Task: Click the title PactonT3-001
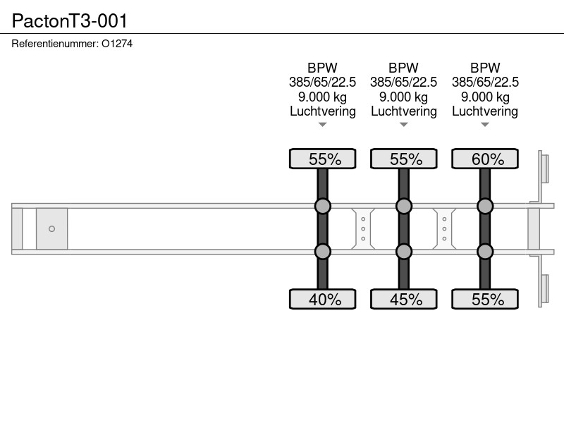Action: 69,21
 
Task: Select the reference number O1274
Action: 117,44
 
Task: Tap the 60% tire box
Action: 485,159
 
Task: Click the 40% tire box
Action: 323,299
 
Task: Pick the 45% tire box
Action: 403,299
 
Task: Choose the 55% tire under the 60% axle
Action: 485,299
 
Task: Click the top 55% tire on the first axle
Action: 323,159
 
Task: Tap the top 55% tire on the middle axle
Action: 403,159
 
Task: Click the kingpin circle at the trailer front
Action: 51,228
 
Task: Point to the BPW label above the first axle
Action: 322,68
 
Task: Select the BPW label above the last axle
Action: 485,68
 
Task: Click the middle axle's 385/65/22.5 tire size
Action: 403,82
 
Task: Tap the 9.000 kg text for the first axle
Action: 322,97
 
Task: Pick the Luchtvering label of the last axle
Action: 485,111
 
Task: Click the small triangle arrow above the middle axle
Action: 403,125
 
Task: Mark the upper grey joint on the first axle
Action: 323,206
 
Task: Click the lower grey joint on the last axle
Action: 485,252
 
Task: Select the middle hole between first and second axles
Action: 363,228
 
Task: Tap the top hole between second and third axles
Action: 444,219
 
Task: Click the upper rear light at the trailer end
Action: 544,168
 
